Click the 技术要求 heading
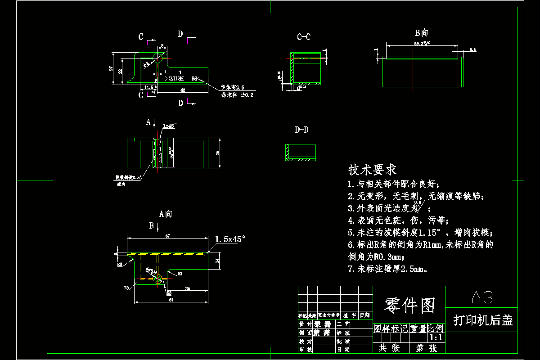373,170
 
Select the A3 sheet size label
481,297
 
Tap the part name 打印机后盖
483,320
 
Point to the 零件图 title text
409,306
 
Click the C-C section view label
304,37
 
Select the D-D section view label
301,130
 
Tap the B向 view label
422,33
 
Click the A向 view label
166,214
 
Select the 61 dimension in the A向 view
171,299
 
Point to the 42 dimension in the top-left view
183,90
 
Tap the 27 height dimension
111,68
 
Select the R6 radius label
120,265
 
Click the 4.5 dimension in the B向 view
472,49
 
